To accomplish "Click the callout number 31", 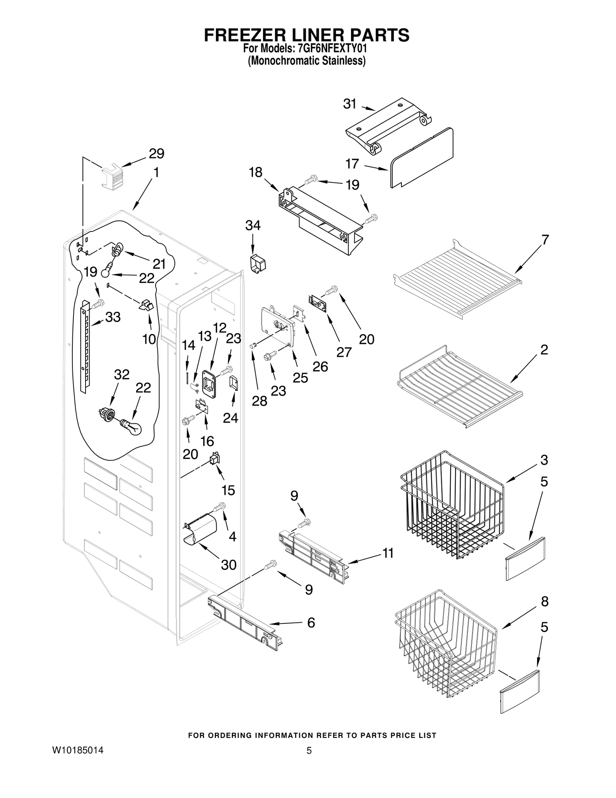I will coord(350,104).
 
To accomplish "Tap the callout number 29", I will coord(156,154).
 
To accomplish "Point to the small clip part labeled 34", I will coord(258,263).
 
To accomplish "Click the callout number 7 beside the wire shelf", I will coord(545,240).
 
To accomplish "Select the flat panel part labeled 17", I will coord(422,158).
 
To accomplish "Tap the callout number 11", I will coord(388,553).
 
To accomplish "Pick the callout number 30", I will coord(228,565).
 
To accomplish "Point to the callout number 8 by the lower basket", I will coord(544,601).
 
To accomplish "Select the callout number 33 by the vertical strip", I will coord(113,317).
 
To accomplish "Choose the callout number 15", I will coord(228,490).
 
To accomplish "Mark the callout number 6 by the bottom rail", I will coord(311,622).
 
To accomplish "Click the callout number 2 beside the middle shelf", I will coord(544,349).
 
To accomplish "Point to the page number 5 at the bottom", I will coord(308,750).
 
